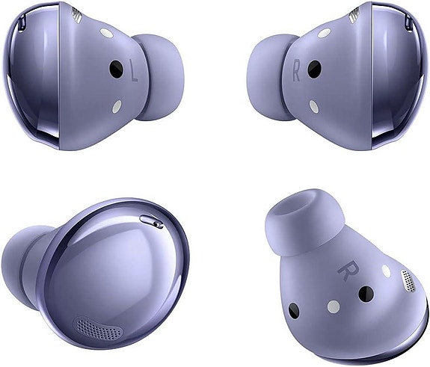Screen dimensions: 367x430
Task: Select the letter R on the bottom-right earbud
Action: (x=346, y=268)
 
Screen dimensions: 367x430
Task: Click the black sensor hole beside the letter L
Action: (x=115, y=70)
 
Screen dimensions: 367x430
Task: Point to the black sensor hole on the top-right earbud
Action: (x=315, y=70)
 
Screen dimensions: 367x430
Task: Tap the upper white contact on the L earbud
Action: (x=106, y=34)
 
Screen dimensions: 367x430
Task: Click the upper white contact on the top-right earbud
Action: (x=324, y=34)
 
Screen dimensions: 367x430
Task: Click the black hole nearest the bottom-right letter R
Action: (x=366, y=294)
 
